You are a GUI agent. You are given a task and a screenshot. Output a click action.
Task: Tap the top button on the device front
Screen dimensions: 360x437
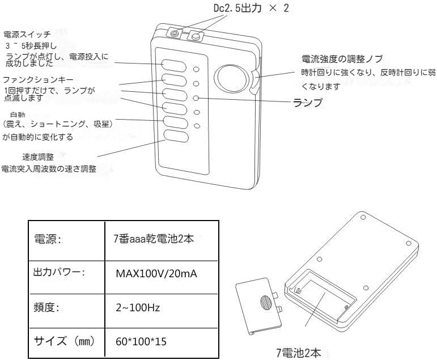[x=174, y=64]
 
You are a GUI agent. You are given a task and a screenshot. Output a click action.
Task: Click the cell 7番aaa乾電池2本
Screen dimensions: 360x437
[x=154, y=239]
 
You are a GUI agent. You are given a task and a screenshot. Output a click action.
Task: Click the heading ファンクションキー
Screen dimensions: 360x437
[x=38, y=80]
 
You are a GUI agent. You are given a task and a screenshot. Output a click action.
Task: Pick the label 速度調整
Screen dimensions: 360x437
[x=37, y=157]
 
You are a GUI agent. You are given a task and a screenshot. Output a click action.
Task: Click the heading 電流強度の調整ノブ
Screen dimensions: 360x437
[x=342, y=59]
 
